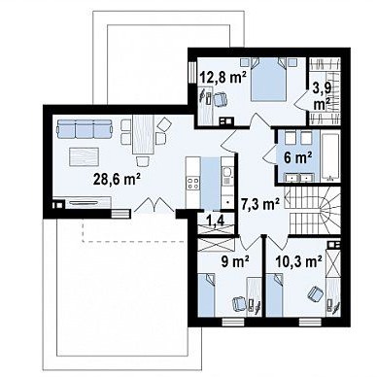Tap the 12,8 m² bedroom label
[223, 77]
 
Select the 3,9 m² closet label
[322, 95]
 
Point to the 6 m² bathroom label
[298, 157]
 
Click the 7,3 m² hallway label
[260, 204]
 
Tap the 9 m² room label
[235, 261]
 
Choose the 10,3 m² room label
[298, 261]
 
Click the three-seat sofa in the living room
[85, 128]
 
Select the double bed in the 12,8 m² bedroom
[269, 80]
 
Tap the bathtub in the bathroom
[330, 155]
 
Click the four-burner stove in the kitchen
[193, 184]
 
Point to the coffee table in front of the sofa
[85, 156]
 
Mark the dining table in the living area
[143, 134]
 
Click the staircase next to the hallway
[313, 210]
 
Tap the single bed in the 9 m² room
[207, 294]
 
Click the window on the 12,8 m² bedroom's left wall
[192, 71]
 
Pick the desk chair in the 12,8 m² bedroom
[221, 98]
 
